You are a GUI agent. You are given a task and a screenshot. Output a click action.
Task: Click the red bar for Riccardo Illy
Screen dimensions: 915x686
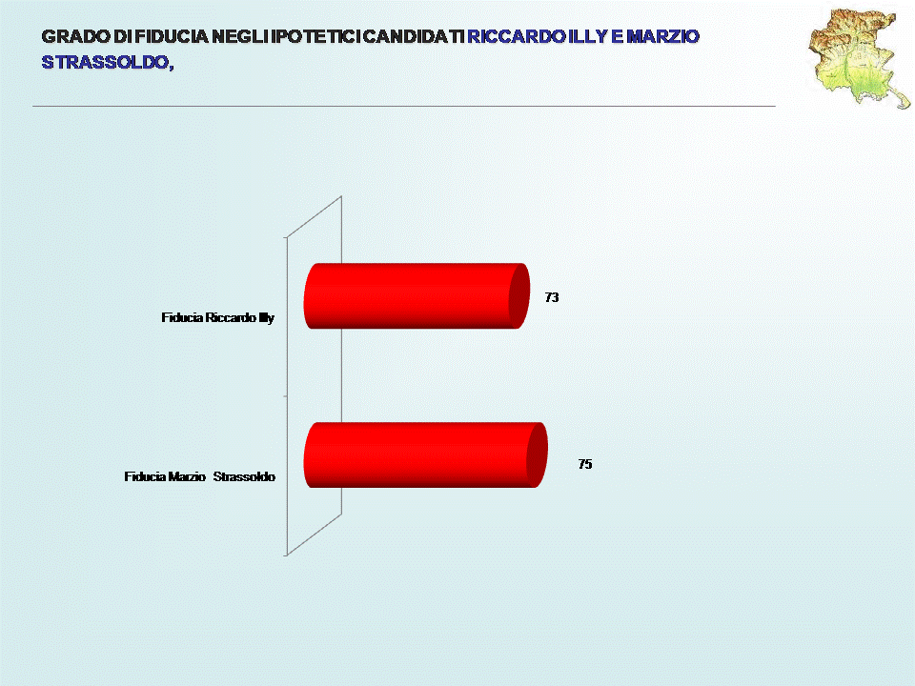[417, 295]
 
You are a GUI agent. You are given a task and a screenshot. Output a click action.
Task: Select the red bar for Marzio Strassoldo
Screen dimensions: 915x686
[425, 455]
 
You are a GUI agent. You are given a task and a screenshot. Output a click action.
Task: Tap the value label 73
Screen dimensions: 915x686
[552, 297]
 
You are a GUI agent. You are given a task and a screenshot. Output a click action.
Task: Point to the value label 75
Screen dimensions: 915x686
[584, 464]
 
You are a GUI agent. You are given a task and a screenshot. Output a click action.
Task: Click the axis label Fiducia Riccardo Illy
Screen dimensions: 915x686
[217, 318]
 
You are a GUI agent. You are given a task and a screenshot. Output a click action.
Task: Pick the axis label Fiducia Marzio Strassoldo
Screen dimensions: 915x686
[199, 476]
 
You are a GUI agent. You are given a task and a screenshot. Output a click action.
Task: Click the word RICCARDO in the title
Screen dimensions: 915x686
[517, 37]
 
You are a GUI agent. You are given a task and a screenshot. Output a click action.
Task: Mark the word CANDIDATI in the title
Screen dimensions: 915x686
[414, 37]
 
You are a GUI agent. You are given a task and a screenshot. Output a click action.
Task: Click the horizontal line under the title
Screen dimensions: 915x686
[404, 106]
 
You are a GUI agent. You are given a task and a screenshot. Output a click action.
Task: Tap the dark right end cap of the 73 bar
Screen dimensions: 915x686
[519, 295]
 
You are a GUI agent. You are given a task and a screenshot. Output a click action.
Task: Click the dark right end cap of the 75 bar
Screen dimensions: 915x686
[537, 455]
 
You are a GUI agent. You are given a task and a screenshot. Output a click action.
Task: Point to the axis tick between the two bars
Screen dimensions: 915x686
[285, 396]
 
